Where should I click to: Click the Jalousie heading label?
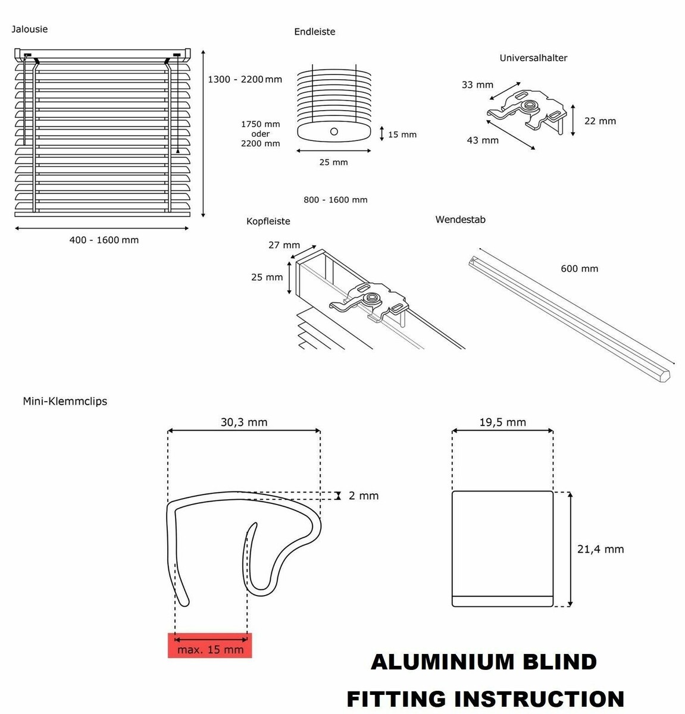pyautogui.click(x=29, y=29)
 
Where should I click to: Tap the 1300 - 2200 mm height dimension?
pyautogui.click(x=245, y=79)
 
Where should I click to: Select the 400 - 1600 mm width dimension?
pyautogui.click(x=104, y=240)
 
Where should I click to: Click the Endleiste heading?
pyautogui.click(x=314, y=32)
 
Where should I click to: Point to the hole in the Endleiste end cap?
pyautogui.click(x=334, y=131)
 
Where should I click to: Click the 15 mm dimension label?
pyautogui.click(x=402, y=134)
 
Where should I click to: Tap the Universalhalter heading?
pyautogui.click(x=533, y=58)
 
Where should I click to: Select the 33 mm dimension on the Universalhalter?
pyautogui.click(x=477, y=84)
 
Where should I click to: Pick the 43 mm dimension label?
pyautogui.click(x=483, y=140)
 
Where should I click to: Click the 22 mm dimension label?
pyautogui.click(x=600, y=121)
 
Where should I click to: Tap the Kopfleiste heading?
pyautogui.click(x=268, y=221)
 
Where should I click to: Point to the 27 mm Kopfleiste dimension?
pyautogui.click(x=284, y=245)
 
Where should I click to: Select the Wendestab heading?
pyautogui.click(x=460, y=220)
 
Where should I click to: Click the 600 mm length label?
pyautogui.click(x=579, y=268)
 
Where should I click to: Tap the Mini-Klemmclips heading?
pyautogui.click(x=65, y=401)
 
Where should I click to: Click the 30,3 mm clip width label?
pyautogui.click(x=244, y=422)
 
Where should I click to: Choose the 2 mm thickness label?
pyautogui.click(x=363, y=496)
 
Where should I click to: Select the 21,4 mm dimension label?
pyautogui.click(x=600, y=549)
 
